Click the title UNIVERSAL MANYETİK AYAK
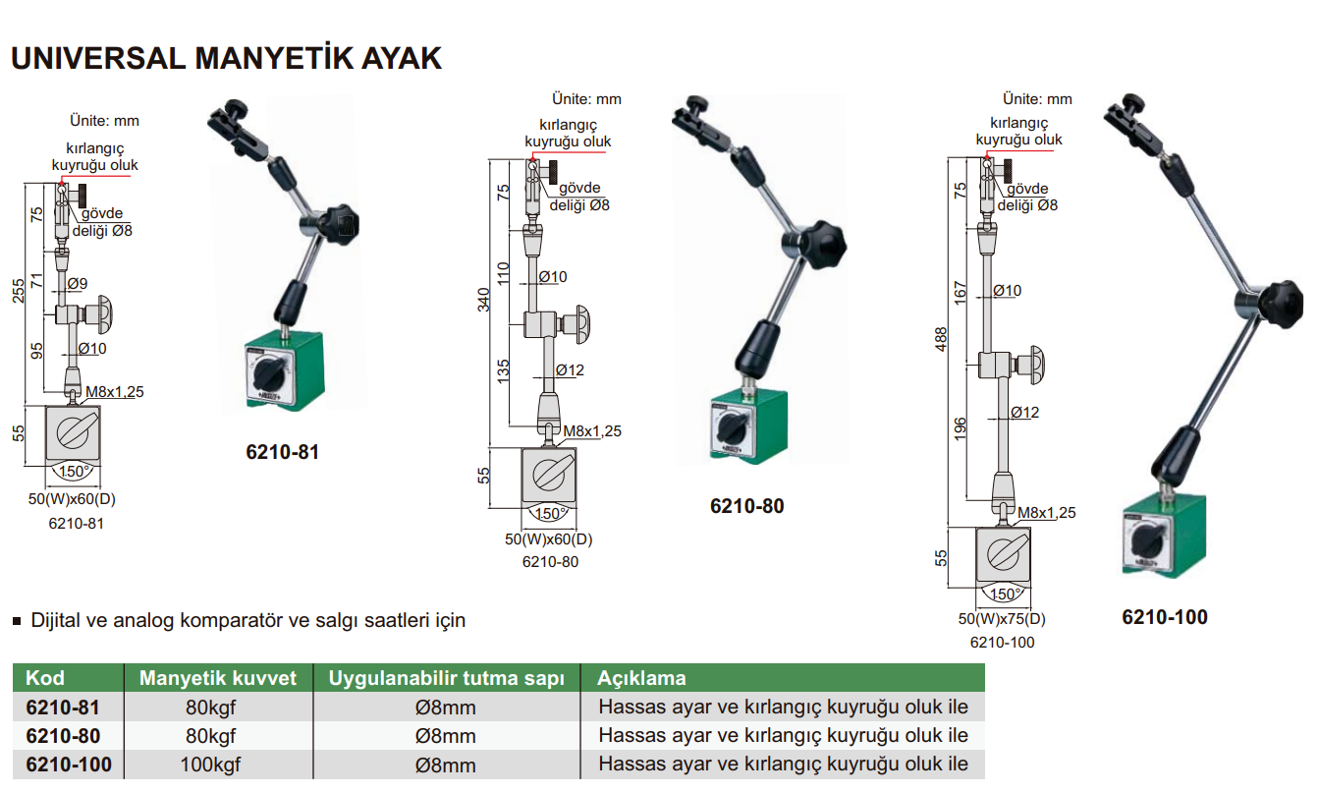click(226, 58)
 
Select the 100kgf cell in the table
click(210, 765)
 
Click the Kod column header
click(45, 678)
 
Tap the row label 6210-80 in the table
click(63, 736)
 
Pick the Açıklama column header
click(642, 678)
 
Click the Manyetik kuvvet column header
click(217, 678)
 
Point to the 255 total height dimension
click(19, 291)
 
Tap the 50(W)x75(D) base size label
click(1002, 620)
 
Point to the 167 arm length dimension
click(961, 291)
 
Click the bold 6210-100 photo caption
click(1164, 617)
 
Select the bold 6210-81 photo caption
click(282, 453)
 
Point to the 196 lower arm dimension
click(961, 426)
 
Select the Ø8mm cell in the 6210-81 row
click(446, 708)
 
